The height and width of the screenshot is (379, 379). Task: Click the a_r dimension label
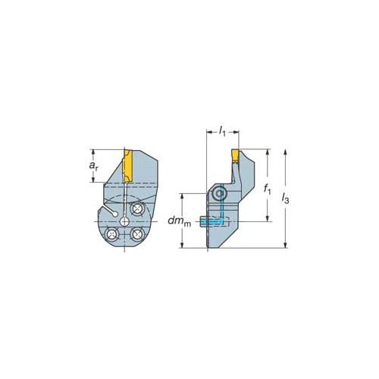tap(93, 166)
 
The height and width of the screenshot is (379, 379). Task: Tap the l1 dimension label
tap(222, 131)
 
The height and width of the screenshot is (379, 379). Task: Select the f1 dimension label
tap(267, 189)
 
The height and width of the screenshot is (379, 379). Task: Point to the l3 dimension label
tap(285, 199)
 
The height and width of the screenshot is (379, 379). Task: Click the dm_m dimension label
tap(180, 221)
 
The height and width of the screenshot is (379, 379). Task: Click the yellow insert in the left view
tap(127, 166)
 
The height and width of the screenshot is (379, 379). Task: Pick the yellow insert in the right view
tap(235, 155)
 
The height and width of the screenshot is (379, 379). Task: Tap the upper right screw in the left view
tap(137, 209)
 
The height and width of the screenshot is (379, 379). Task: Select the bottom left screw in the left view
tap(112, 234)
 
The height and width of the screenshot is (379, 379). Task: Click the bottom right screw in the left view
tap(137, 234)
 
